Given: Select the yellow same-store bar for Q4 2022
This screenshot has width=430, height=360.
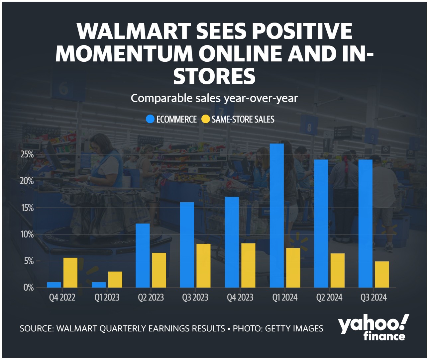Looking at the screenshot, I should point(70,272).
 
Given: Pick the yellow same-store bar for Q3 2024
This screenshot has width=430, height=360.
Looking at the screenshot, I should point(382,274).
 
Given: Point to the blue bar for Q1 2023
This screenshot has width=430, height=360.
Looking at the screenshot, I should point(99,285).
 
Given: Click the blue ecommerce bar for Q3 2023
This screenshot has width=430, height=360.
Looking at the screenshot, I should point(187,245).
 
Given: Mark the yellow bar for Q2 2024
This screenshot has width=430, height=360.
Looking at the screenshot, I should point(337,270).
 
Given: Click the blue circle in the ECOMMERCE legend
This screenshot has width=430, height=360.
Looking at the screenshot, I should point(150,119).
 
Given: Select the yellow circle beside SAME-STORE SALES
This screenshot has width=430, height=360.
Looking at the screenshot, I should point(206,119).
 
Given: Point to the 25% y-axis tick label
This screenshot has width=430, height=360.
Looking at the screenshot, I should point(27,154).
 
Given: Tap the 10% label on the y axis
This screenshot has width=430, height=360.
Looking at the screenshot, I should point(27,234).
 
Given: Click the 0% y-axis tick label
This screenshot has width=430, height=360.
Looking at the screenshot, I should point(29,288).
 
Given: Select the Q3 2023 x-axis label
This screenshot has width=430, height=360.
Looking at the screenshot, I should point(195,298).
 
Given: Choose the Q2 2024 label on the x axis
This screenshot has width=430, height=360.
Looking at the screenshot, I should point(329,298).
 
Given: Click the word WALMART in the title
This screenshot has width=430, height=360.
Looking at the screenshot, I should point(133,31).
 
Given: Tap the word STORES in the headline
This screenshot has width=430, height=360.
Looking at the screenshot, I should point(214,76).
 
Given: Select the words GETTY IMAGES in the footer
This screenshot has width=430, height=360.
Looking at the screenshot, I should point(294,328).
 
